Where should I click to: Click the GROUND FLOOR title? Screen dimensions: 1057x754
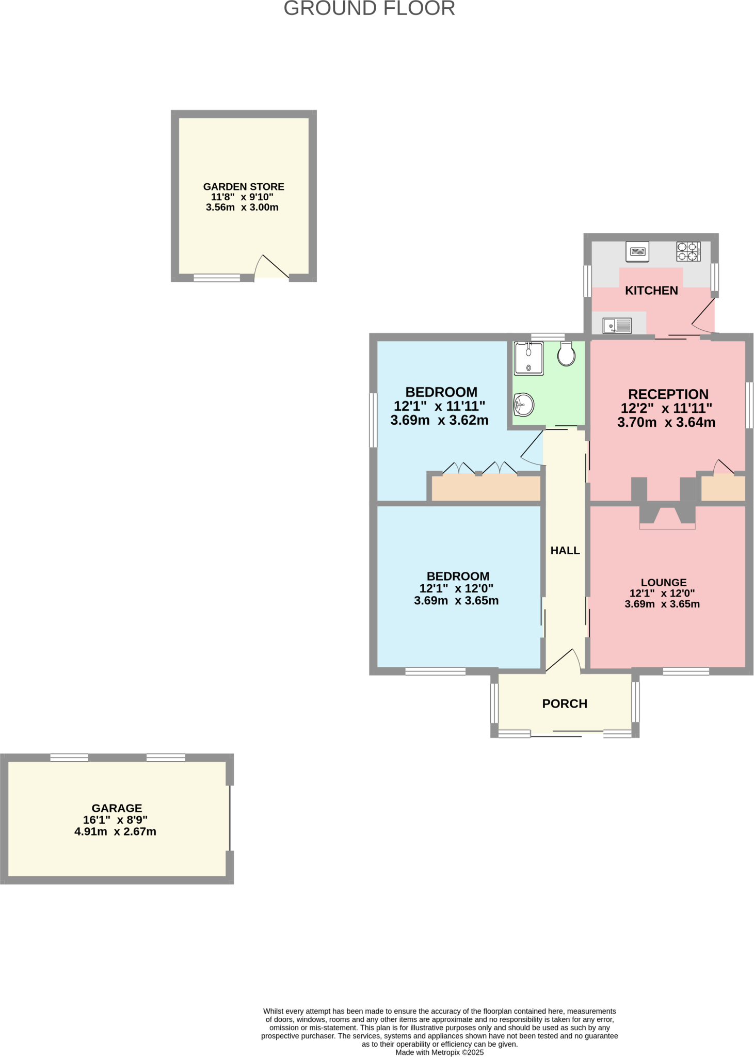pos(369,9)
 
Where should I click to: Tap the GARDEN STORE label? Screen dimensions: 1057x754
pos(244,187)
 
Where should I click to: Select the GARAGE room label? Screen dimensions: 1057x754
pos(117,808)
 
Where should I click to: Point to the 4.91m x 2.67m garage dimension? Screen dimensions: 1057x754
pos(115,831)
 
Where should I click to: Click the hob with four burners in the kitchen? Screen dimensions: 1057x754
pos(688,251)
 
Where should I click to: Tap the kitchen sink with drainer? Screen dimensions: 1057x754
pos(617,326)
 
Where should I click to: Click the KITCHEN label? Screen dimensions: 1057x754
pos(651,291)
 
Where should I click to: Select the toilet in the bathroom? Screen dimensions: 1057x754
pos(566,354)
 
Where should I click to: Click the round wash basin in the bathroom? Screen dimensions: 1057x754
pos(523,404)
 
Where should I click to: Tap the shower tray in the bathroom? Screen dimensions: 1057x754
pos(528,358)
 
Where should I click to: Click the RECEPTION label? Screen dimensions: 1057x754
pos(668,394)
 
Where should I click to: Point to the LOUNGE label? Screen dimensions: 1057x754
pos(664,582)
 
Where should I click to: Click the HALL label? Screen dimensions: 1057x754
pos(565,551)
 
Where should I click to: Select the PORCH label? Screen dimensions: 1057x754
pos(565,704)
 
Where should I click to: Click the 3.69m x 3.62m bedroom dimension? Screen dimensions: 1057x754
pos(439,421)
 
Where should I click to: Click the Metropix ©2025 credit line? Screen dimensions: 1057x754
pos(439,1052)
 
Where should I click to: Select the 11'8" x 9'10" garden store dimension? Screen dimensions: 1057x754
pos(242,197)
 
